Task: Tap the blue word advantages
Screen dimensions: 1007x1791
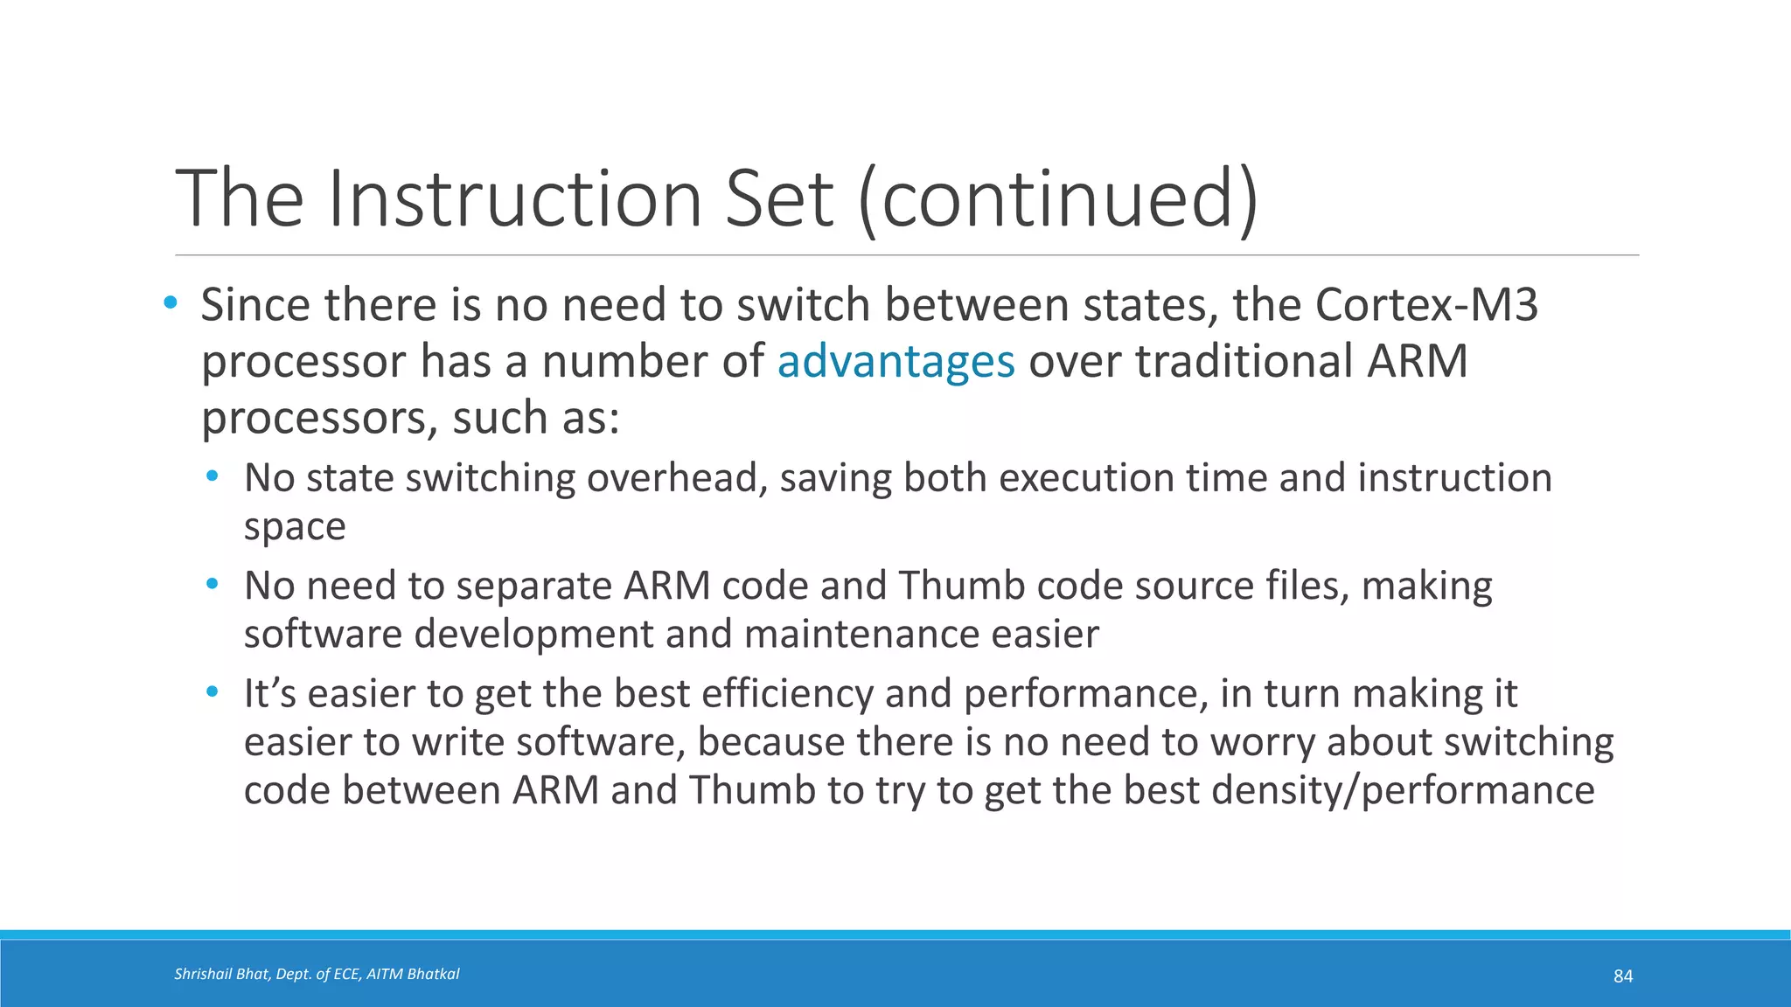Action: [x=895, y=362]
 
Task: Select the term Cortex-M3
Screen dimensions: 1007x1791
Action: [x=1425, y=305]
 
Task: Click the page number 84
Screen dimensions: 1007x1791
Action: [x=1622, y=976]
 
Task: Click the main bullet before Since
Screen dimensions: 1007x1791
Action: [x=171, y=303]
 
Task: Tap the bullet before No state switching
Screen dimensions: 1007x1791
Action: [x=213, y=477]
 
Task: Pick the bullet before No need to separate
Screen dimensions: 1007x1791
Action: [x=213, y=584]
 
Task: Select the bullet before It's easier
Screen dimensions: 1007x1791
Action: [x=213, y=692]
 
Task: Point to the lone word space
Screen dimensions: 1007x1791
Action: [x=295, y=527]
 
